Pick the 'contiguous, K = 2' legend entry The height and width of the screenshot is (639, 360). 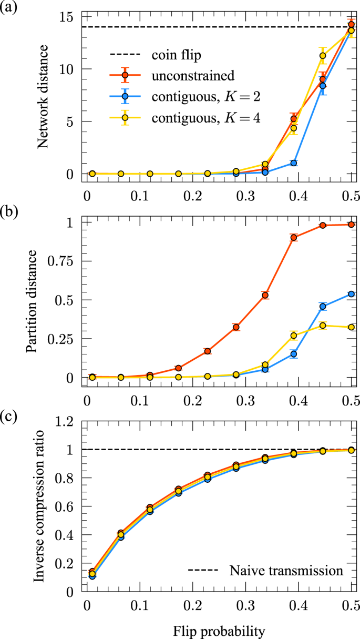coord(205,97)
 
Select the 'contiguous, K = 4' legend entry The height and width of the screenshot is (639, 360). coord(205,119)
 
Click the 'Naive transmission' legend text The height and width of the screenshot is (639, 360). coord(286,570)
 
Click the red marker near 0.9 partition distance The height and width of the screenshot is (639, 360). coord(294,238)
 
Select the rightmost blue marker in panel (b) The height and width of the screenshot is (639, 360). coord(351,294)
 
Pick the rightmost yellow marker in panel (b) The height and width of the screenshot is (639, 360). coord(351,327)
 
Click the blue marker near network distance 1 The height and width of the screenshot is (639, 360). coord(294,163)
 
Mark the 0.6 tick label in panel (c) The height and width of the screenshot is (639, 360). coord(66,506)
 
